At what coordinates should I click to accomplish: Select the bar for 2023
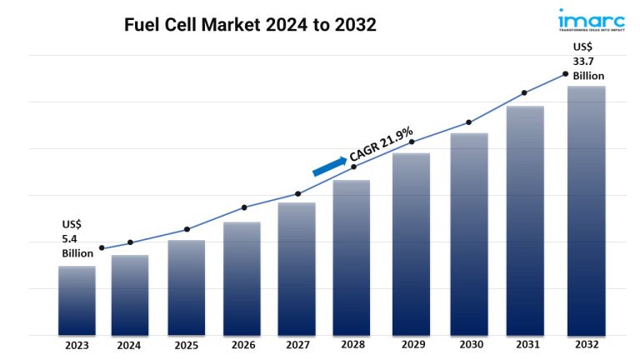coord(77,300)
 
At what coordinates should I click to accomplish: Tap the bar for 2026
coord(242,278)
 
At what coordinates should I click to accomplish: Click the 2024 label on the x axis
coord(129,344)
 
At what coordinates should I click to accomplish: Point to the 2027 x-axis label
coord(297,344)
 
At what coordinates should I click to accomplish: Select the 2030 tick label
coord(468,344)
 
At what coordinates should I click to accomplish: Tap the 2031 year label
coord(526,344)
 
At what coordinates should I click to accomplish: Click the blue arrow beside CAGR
coord(330,164)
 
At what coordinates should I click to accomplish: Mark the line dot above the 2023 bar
coord(102,248)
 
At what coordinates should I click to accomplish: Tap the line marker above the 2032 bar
coord(566,74)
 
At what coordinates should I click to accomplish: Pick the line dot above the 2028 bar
coord(353,167)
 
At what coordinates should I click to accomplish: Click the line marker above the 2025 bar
coord(187,229)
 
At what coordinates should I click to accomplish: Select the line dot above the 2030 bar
coord(468,122)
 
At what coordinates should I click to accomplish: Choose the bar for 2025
coord(187,287)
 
